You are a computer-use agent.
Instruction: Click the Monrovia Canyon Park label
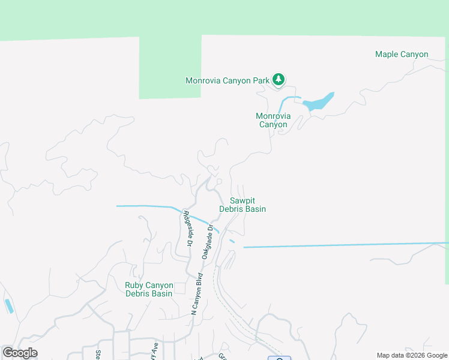226,80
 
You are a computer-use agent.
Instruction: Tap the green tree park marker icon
278,79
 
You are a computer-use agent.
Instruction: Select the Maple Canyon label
402,55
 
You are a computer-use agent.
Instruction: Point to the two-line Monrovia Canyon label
273,120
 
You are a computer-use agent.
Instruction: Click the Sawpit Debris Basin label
242,205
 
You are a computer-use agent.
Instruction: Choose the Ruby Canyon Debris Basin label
149,289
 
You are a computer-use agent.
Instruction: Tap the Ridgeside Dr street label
187,228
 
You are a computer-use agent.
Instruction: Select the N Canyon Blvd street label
196,293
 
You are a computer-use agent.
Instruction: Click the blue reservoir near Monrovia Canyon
318,103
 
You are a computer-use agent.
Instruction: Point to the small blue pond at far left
8,306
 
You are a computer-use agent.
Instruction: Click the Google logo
20,353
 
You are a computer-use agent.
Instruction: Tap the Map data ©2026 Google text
412,355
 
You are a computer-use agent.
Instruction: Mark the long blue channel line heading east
348,245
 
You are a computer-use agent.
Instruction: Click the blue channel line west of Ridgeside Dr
144,206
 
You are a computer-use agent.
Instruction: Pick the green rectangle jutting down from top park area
169,66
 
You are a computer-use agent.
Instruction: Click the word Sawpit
242,200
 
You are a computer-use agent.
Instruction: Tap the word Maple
387,55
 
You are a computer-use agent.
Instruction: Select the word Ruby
134,286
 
